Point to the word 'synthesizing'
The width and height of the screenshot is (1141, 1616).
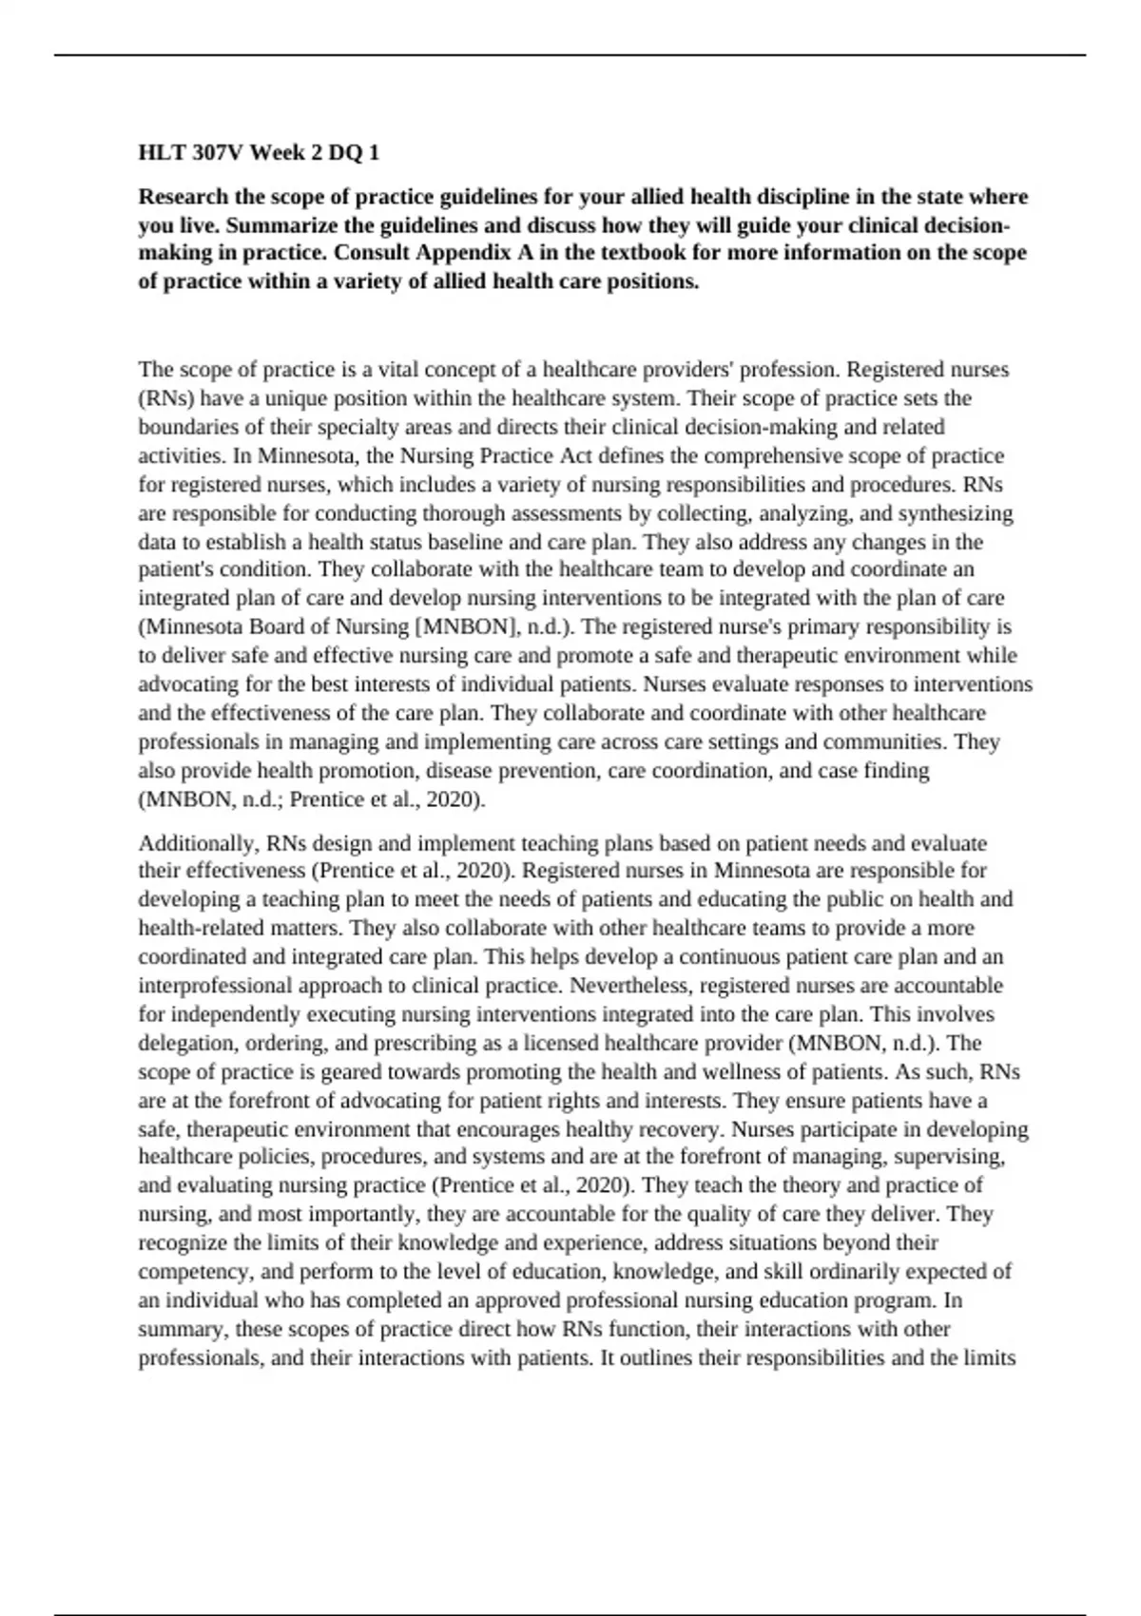[x=956, y=513]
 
